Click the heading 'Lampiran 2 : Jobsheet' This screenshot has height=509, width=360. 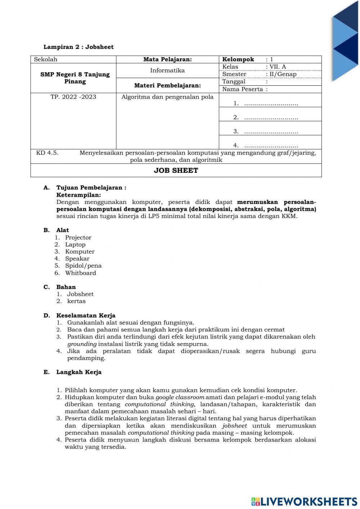78,47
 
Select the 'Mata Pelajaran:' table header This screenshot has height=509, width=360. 167,59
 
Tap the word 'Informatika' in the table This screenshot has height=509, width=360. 167,70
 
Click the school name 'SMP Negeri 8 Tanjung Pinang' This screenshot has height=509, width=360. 75,78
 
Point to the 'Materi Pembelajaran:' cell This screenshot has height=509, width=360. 167,85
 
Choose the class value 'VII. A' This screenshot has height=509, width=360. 278,67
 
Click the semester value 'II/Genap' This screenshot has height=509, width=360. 283,74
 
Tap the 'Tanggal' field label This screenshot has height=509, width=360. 234,81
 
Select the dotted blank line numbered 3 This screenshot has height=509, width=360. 271,131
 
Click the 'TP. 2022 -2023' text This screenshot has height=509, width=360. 73,97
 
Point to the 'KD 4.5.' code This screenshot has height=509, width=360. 47,153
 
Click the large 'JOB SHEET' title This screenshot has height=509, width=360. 176,170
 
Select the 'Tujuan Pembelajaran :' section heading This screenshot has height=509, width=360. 91,188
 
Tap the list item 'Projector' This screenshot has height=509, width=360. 78,237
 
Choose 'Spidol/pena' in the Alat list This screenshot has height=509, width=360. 83,265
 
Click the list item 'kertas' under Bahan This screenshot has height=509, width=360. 76,301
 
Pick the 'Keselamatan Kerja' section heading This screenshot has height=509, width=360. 86,316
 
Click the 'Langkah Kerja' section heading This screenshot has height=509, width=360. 79,372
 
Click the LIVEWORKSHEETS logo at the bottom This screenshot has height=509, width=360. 304,501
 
